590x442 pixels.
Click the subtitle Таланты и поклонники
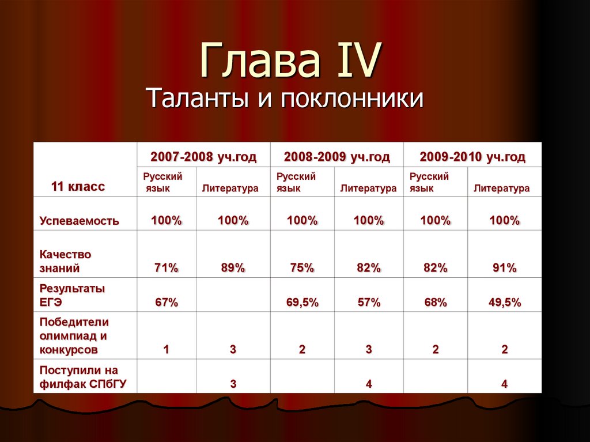point(285,98)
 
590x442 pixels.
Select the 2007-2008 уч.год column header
point(203,157)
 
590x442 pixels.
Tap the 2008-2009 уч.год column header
point(336,157)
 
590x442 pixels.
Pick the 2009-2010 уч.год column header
point(472,157)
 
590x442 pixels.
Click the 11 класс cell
point(78,187)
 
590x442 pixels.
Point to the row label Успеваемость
point(80,221)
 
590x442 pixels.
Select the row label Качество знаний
point(66,261)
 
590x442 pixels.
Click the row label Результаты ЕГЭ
point(72,295)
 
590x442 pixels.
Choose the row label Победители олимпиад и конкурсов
point(74,335)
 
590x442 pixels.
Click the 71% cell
point(166,267)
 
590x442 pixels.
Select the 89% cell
point(233,267)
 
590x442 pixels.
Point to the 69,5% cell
point(302,303)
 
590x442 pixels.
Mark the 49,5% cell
point(504,303)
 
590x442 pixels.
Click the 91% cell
point(504,267)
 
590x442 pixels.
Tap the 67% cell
point(166,303)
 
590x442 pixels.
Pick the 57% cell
point(368,303)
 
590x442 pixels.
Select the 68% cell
point(435,303)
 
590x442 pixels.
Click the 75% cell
point(302,267)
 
